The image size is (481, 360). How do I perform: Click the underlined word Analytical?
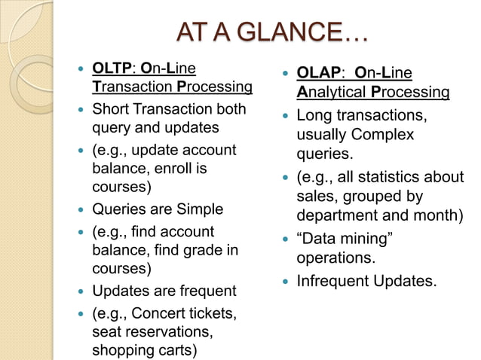[332, 93]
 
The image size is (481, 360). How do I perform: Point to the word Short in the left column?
[111, 109]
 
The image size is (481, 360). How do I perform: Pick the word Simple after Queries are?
[198, 209]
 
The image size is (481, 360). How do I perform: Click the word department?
[336, 217]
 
